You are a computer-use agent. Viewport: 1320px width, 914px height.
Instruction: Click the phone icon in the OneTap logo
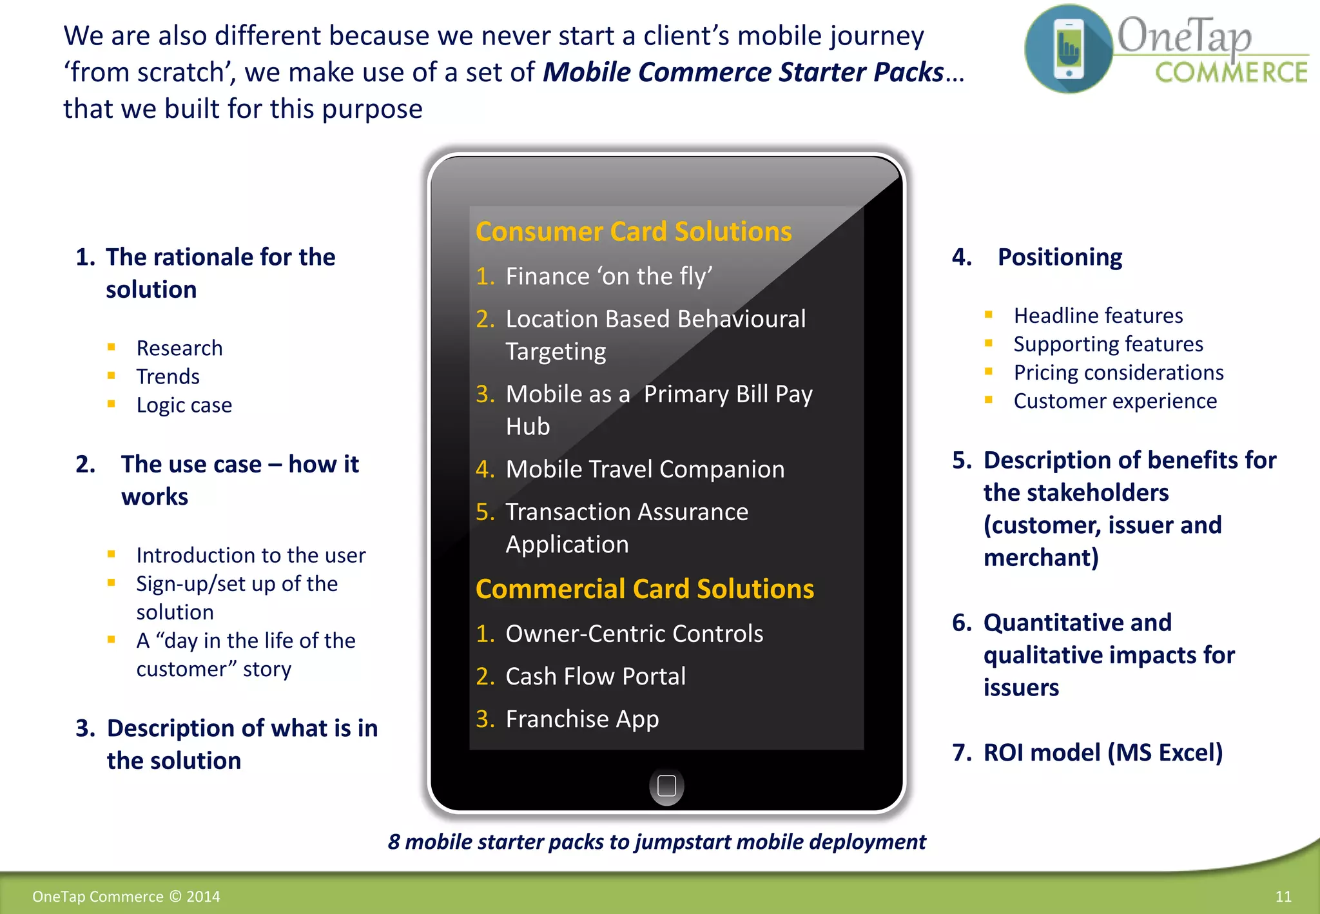(x=1069, y=49)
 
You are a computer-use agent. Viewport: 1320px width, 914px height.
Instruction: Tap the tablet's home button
(x=666, y=786)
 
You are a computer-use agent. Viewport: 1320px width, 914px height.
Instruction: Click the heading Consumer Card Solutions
(x=634, y=232)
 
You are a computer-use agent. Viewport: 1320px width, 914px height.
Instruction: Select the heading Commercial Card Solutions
(x=645, y=589)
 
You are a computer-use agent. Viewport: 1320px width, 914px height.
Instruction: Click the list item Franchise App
(x=582, y=719)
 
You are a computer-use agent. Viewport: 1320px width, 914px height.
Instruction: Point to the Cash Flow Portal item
(x=596, y=676)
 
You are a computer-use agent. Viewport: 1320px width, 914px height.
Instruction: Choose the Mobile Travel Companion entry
(x=645, y=469)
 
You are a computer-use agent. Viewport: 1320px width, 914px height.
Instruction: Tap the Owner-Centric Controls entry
(x=634, y=634)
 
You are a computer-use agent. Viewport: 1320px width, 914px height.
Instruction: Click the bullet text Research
(x=179, y=348)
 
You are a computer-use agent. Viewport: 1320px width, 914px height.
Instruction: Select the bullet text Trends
(x=168, y=376)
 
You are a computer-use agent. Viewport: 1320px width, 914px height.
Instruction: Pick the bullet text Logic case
(x=184, y=405)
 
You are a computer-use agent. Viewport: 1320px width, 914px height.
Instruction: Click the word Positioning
(x=1060, y=257)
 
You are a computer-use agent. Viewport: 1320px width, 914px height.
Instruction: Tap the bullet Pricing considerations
(x=1118, y=373)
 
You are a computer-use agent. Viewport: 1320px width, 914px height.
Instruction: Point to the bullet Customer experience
(x=1115, y=401)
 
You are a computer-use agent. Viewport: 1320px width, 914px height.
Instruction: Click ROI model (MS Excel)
(x=1103, y=752)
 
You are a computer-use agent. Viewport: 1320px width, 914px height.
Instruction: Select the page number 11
(x=1283, y=897)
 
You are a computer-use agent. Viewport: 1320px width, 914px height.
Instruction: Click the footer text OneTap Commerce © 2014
(x=126, y=897)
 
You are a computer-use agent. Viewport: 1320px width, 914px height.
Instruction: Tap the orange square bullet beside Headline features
(x=989, y=315)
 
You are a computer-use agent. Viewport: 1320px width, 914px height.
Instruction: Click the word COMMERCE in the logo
(x=1231, y=73)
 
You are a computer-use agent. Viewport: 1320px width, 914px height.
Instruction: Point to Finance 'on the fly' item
(x=608, y=277)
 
